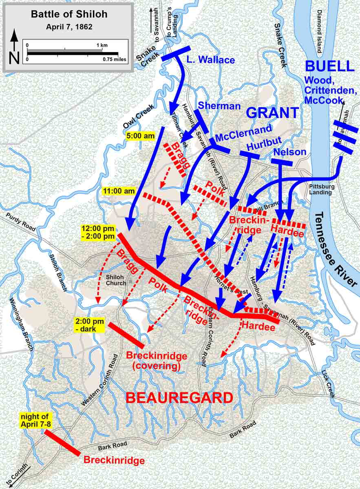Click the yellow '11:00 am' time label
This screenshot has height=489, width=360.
[119, 190]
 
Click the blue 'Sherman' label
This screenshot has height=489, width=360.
[219, 106]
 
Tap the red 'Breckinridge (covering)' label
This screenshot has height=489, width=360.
[157, 361]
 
